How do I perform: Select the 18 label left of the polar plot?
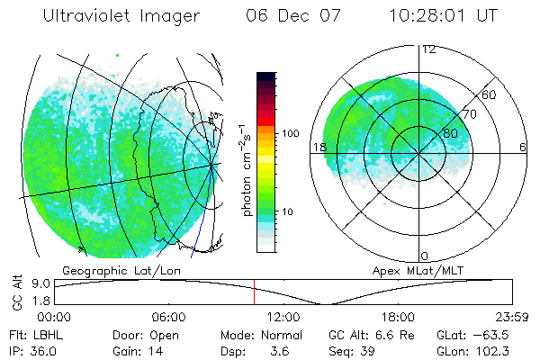[318, 148]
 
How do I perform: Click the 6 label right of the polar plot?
[523, 148]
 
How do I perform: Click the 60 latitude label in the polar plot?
[489, 94]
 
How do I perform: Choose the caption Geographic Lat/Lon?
[103, 269]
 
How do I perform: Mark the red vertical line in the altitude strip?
[254, 292]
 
